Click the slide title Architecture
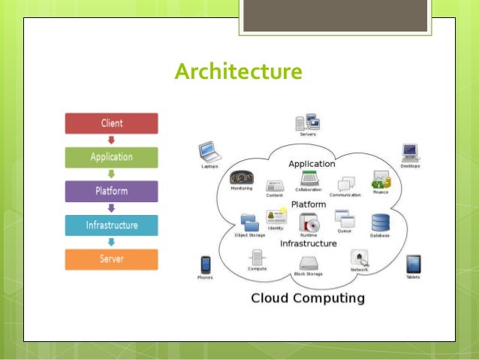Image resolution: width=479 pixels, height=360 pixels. pyautogui.click(x=238, y=71)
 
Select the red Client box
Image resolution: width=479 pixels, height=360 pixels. pyautogui.click(x=111, y=123)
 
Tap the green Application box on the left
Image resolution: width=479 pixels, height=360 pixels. pyautogui.click(x=111, y=157)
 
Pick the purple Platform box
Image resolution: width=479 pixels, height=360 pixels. pyautogui.click(x=111, y=191)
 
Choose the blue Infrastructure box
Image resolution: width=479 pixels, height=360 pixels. pyautogui.click(x=111, y=225)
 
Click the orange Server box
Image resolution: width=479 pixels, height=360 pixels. pyautogui.click(x=111, y=259)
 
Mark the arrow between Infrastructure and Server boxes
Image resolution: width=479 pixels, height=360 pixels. pyautogui.click(x=111, y=242)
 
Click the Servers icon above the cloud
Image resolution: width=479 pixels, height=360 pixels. pyautogui.click(x=308, y=122)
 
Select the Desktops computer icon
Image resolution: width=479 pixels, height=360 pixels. pyautogui.click(x=410, y=153)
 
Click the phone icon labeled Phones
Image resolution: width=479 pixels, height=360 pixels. pyautogui.click(x=205, y=265)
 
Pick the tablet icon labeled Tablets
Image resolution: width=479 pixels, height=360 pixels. pyautogui.click(x=413, y=264)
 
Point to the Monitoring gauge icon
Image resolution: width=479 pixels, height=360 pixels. pyautogui.click(x=241, y=178)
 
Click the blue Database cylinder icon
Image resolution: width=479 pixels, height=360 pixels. pyautogui.click(x=380, y=222)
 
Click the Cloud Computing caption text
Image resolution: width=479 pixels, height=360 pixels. pyautogui.click(x=307, y=298)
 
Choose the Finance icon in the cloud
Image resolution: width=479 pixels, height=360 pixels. pyautogui.click(x=381, y=180)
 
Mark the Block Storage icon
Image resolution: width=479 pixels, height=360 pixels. pyautogui.click(x=309, y=264)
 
